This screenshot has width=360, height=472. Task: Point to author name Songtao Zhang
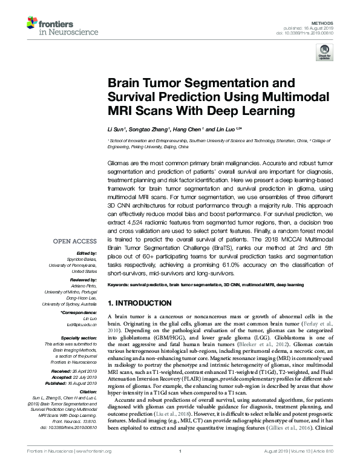click(x=149, y=129)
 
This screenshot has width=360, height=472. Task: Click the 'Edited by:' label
click(x=88, y=252)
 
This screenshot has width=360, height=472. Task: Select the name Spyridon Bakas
click(x=84, y=258)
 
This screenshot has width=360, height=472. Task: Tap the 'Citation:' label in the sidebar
click(x=88, y=390)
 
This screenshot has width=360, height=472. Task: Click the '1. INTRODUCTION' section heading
click(x=139, y=303)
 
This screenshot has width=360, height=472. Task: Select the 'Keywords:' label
click(x=119, y=284)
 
